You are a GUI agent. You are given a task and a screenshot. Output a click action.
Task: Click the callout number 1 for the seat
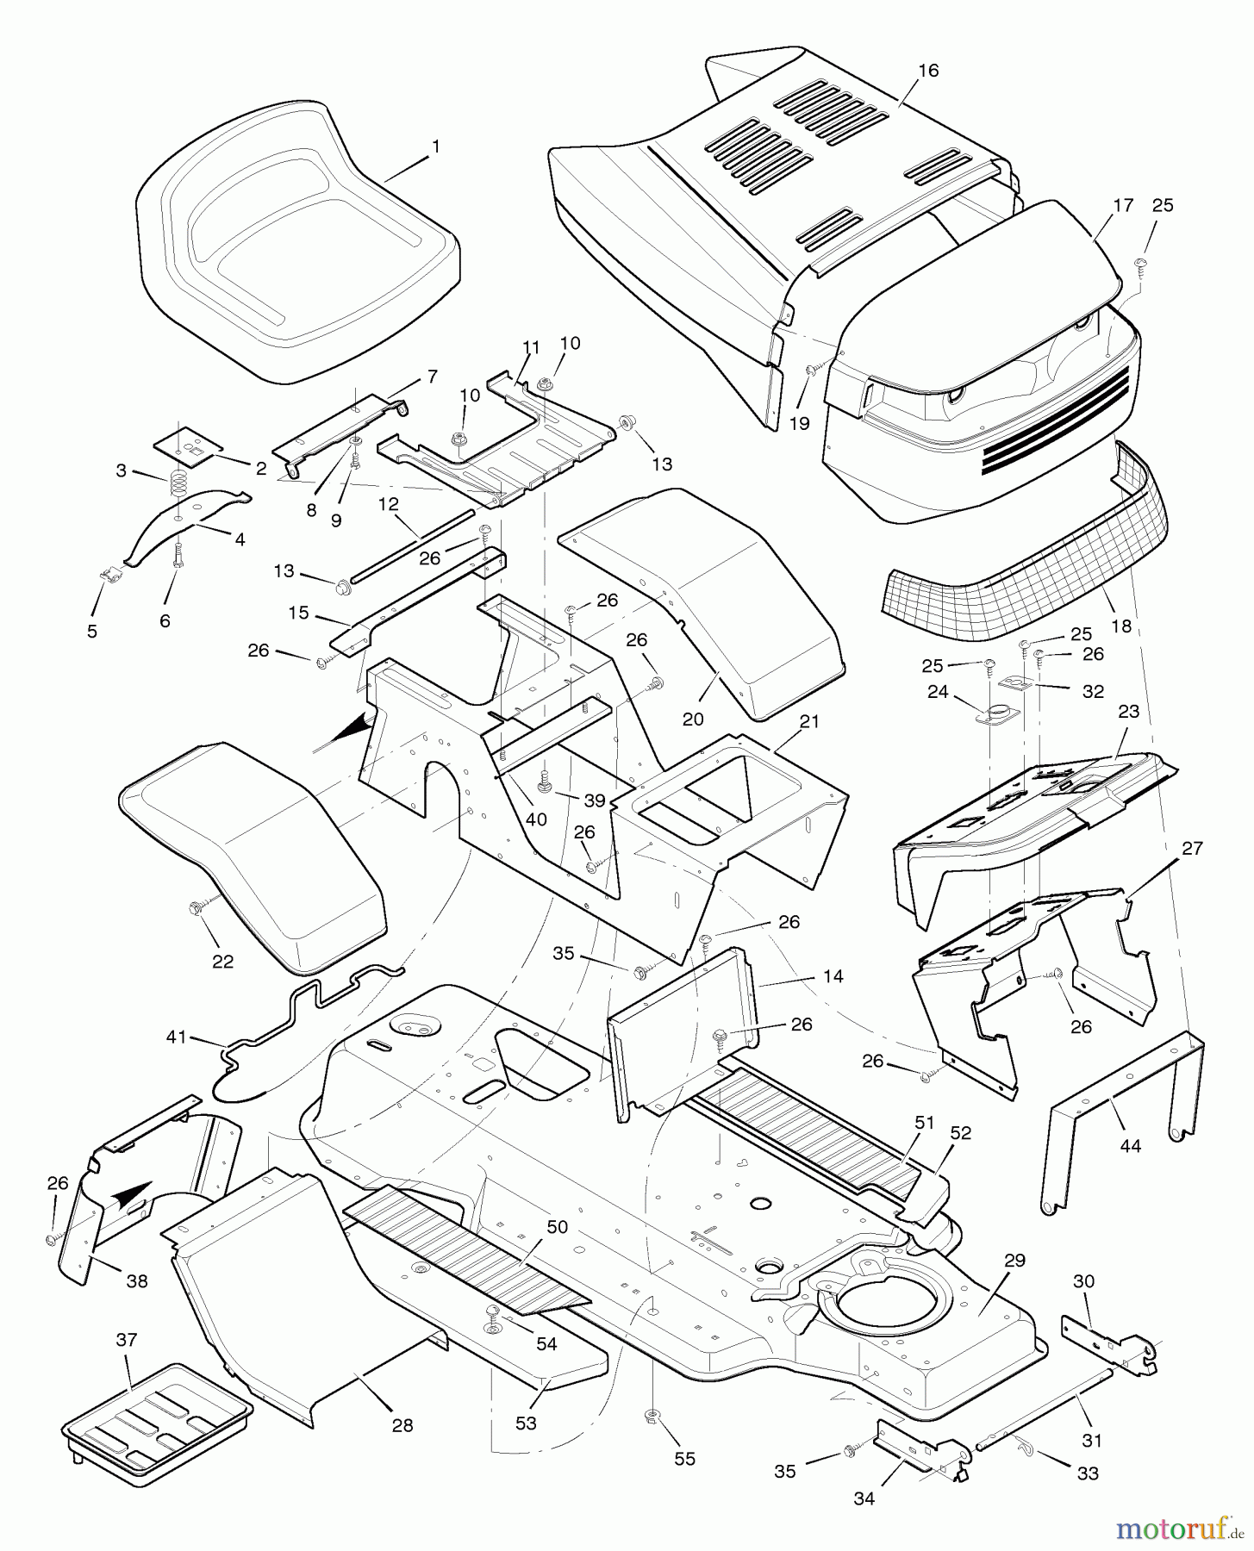[x=435, y=147]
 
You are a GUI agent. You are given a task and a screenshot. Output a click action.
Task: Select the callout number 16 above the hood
[x=927, y=71]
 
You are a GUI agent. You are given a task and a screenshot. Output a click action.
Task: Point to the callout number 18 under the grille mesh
[x=1120, y=626]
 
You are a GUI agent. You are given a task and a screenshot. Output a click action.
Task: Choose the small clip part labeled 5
[x=108, y=575]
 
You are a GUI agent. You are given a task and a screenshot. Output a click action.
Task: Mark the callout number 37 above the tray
[x=127, y=1341]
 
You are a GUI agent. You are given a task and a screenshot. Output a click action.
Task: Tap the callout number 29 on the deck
[x=1014, y=1260]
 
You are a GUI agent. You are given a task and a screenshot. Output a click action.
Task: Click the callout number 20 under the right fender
[x=693, y=719]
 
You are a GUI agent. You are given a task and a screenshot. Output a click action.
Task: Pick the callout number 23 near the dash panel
[x=1129, y=712]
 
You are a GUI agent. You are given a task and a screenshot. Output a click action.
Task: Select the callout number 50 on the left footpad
[x=558, y=1226]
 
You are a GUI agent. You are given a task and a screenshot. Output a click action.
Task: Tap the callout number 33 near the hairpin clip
[x=1088, y=1473]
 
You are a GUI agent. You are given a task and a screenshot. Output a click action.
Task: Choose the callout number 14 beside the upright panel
[x=833, y=976]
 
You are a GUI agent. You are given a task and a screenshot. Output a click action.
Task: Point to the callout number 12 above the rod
[x=389, y=503]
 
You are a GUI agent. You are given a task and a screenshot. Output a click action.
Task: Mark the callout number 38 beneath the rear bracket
[x=136, y=1281]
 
